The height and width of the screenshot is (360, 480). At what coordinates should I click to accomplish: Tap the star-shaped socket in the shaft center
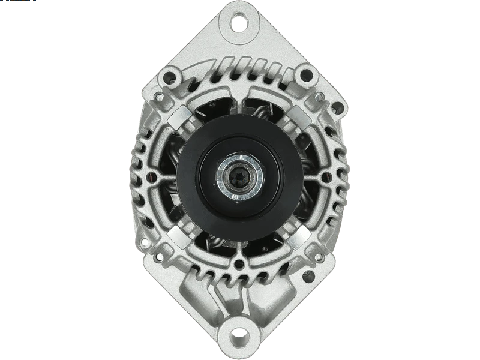tap(240, 178)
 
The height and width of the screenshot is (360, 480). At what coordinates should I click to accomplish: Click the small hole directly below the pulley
tap(240, 263)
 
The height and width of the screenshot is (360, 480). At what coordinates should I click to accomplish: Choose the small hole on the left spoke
tap(151, 178)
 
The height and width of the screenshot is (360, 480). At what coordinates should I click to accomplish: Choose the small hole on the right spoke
tap(328, 178)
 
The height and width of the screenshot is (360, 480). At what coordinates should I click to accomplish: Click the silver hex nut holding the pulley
tap(240, 178)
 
